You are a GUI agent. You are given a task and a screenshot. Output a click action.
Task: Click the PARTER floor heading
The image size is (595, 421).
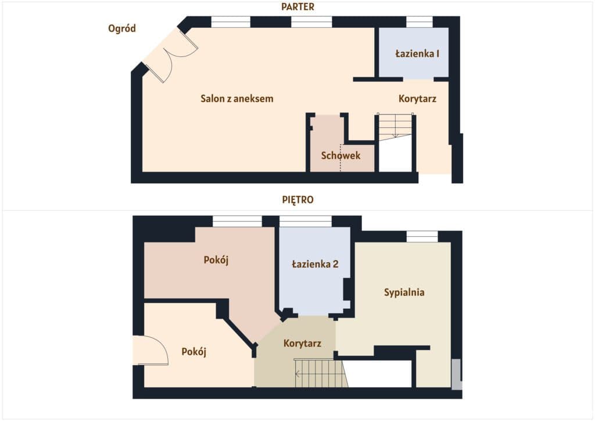point(297,6)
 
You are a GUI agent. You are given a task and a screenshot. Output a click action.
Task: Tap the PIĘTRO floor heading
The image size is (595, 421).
point(297,199)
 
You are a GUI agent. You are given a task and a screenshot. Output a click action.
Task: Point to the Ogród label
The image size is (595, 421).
point(122,28)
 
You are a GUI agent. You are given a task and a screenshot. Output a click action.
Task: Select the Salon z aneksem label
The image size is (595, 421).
point(237,99)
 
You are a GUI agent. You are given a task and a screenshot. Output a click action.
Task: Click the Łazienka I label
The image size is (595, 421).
point(417,53)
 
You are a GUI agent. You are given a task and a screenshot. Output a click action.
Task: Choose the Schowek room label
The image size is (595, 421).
point(340,155)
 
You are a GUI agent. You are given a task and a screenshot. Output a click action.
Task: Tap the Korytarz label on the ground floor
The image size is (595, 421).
point(417,99)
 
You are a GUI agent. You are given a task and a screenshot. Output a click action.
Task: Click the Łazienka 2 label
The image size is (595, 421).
point(315,264)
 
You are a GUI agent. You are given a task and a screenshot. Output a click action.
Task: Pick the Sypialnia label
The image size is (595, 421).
point(404,292)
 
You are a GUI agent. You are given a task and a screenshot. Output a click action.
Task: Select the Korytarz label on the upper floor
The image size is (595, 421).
point(302,344)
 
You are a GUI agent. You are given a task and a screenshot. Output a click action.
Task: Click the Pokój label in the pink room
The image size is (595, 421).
point(216,260)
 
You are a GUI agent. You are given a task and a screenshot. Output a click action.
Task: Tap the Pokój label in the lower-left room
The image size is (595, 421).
point(194,352)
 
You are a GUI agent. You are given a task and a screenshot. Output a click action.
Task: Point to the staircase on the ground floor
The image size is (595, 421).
point(395,127)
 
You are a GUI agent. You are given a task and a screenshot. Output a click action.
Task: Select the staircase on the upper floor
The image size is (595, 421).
point(321,373)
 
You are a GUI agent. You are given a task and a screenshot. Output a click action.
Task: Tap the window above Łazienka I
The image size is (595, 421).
point(420,22)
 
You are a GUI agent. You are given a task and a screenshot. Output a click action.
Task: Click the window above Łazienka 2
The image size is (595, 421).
point(306,222)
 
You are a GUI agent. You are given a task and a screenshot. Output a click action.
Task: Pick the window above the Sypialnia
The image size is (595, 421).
point(422,237)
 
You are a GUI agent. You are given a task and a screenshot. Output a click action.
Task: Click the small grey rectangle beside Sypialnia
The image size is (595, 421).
point(457,374)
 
